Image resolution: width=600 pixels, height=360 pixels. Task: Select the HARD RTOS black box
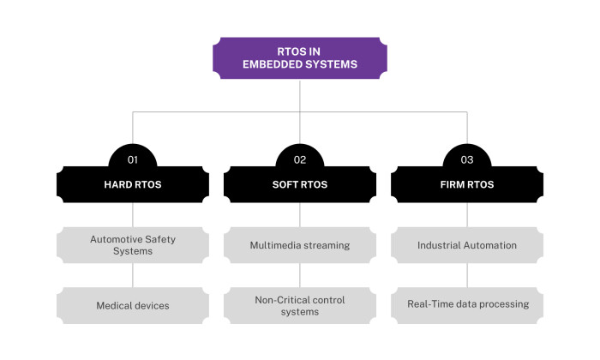pos(132,183)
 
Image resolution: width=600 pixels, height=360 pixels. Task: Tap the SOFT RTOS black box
pos(299,183)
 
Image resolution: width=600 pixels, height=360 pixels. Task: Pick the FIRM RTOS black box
pos(466,183)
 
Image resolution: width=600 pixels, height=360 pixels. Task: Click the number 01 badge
pos(132,159)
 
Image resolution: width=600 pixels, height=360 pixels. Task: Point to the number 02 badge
pos(299,159)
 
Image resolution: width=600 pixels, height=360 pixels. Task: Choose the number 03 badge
pos(466,159)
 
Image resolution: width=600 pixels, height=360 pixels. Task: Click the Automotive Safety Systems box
pos(132,245)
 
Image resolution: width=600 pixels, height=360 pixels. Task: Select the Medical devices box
pos(132,304)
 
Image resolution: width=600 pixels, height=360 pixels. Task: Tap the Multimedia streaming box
pos(299,245)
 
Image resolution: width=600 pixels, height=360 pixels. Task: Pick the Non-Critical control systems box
pos(299,305)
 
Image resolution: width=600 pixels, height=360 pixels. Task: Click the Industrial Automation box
pos(466,245)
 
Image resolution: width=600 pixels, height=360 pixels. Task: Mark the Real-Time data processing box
pos(466,304)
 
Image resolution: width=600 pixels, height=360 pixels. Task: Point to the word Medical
pos(113,304)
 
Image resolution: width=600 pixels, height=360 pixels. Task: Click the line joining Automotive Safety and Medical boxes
pos(132,274)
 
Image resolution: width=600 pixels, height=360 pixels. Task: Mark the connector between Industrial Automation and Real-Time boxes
pos(466,274)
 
